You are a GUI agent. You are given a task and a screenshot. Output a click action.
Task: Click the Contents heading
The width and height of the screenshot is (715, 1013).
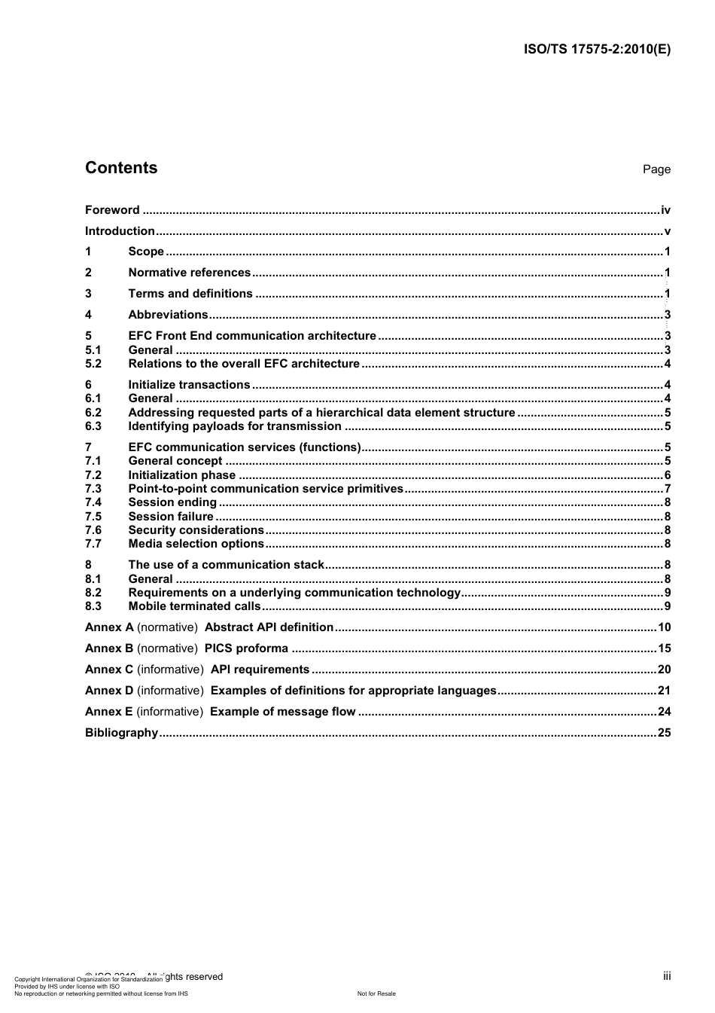pyautogui.click(x=121, y=168)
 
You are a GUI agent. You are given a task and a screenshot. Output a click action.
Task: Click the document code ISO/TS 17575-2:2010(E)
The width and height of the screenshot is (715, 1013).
pyautogui.click(x=597, y=50)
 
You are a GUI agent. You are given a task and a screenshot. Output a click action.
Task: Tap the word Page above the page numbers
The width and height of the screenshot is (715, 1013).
pyautogui.click(x=656, y=169)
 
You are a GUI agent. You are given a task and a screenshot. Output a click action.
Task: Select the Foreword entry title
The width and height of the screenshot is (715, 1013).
pyautogui.click(x=112, y=210)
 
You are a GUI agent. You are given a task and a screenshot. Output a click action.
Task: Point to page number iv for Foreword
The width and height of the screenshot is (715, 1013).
pyautogui.click(x=665, y=210)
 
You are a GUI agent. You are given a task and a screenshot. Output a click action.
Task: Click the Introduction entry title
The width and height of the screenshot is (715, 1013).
pyautogui.click(x=120, y=231)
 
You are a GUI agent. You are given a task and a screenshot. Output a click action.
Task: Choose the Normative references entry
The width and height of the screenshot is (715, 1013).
pyautogui.click(x=189, y=273)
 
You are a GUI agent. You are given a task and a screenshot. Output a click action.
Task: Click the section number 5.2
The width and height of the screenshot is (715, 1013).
pyautogui.click(x=93, y=364)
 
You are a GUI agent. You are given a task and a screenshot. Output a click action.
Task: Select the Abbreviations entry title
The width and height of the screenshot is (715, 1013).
pyautogui.click(x=168, y=315)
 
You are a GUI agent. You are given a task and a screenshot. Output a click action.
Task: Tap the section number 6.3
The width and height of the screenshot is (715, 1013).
pyautogui.click(x=93, y=426)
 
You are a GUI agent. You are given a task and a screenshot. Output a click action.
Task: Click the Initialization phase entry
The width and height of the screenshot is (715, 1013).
pyautogui.click(x=181, y=475)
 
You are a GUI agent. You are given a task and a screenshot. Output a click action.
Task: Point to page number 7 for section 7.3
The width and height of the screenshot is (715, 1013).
pyautogui.click(x=668, y=489)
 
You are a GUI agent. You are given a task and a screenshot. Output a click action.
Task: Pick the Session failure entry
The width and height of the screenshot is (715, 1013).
pyautogui.click(x=171, y=517)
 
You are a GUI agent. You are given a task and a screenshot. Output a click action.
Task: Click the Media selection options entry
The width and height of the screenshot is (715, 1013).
pyautogui.click(x=196, y=544)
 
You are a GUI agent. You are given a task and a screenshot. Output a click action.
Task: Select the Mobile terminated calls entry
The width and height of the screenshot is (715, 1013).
pyautogui.click(x=194, y=606)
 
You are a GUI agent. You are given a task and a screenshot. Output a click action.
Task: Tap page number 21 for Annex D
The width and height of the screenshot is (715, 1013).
pyautogui.click(x=664, y=691)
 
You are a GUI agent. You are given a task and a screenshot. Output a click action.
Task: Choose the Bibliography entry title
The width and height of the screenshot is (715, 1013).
pyautogui.click(x=121, y=733)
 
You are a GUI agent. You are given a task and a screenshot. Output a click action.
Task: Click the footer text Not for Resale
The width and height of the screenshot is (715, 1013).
pyautogui.click(x=376, y=993)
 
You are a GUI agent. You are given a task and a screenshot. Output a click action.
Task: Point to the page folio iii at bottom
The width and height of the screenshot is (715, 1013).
pyautogui.click(x=667, y=976)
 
